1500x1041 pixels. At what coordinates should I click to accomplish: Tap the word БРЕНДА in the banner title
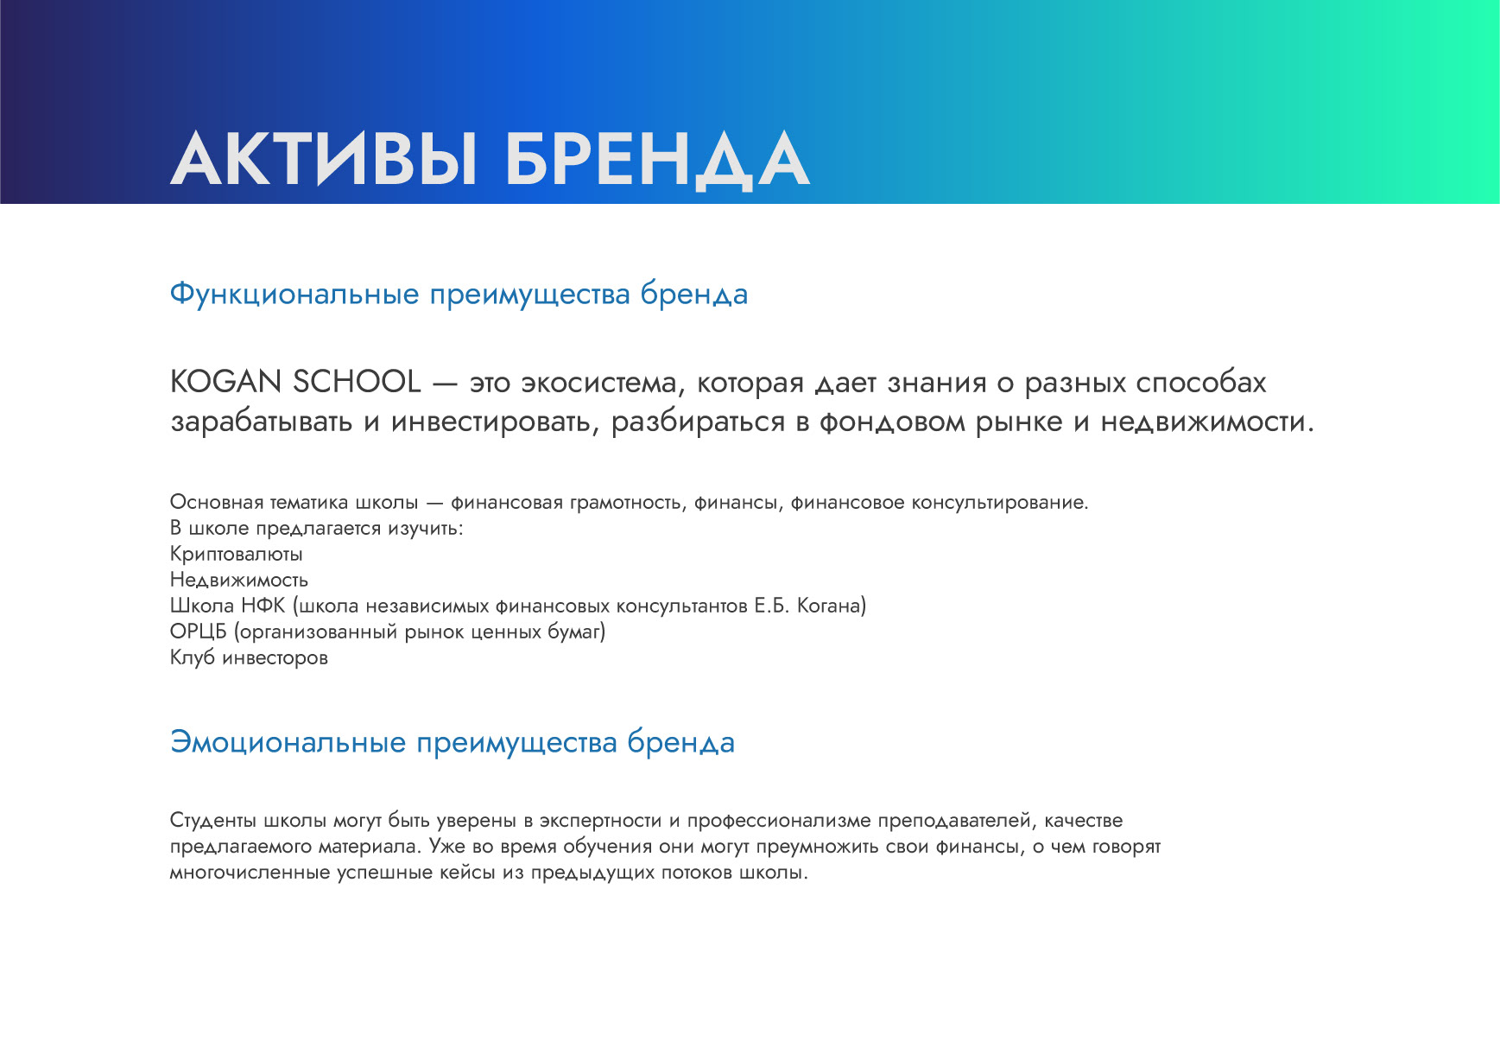(656, 160)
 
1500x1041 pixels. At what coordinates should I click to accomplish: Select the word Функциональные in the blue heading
(294, 295)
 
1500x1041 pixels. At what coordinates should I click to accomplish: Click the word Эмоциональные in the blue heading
(288, 742)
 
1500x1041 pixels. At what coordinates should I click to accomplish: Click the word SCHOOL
(357, 381)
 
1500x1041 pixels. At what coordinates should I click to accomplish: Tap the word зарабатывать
(262, 422)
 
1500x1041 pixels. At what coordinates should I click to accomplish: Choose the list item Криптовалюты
(236, 554)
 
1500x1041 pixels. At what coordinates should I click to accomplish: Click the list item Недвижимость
(239, 580)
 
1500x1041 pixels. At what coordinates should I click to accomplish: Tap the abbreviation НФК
(263, 606)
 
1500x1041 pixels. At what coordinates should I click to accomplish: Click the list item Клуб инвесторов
(249, 657)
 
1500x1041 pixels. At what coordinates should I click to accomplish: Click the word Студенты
(213, 821)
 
